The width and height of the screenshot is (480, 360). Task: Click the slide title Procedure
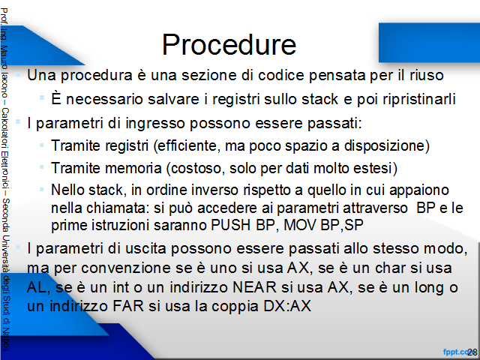(x=229, y=45)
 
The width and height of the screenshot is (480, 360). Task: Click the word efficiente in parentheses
(x=188, y=145)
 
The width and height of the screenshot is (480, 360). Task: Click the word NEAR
(x=254, y=287)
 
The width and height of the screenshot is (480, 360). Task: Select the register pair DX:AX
(x=287, y=306)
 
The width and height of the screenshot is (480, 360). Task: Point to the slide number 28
(x=472, y=352)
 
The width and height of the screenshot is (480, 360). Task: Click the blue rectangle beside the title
(x=429, y=43)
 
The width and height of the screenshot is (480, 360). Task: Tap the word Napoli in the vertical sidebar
(x=6, y=340)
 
